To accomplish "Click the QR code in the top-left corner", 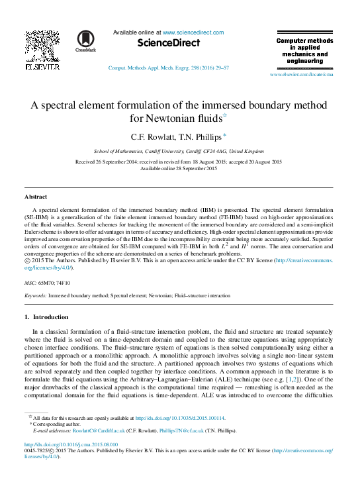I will point(42,45).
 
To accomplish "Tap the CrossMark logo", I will point(85,40).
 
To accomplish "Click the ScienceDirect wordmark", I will point(168,43).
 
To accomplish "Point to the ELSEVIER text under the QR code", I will point(42,66).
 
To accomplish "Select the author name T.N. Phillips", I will point(202,136).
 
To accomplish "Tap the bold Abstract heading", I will point(36,197).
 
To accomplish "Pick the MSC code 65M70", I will point(48,282).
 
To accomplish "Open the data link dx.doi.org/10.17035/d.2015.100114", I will point(179,418).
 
